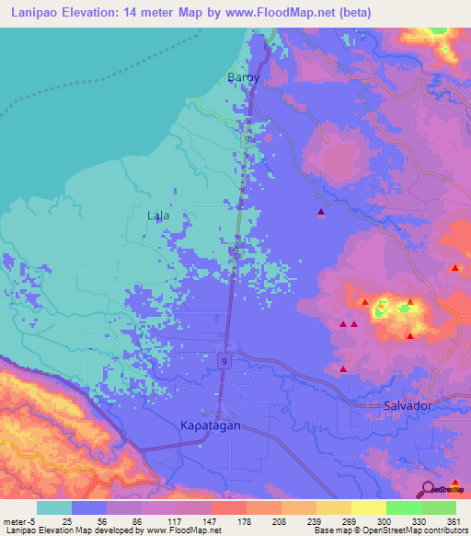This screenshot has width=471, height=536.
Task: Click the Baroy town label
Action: coord(244,78)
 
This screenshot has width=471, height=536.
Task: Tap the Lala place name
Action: coord(158,216)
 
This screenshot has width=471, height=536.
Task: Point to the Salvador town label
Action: coord(407,405)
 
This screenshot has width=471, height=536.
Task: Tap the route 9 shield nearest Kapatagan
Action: coord(224,361)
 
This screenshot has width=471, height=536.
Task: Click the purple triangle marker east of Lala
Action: coord(321,213)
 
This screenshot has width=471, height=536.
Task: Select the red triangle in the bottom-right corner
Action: coord(454,457)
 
